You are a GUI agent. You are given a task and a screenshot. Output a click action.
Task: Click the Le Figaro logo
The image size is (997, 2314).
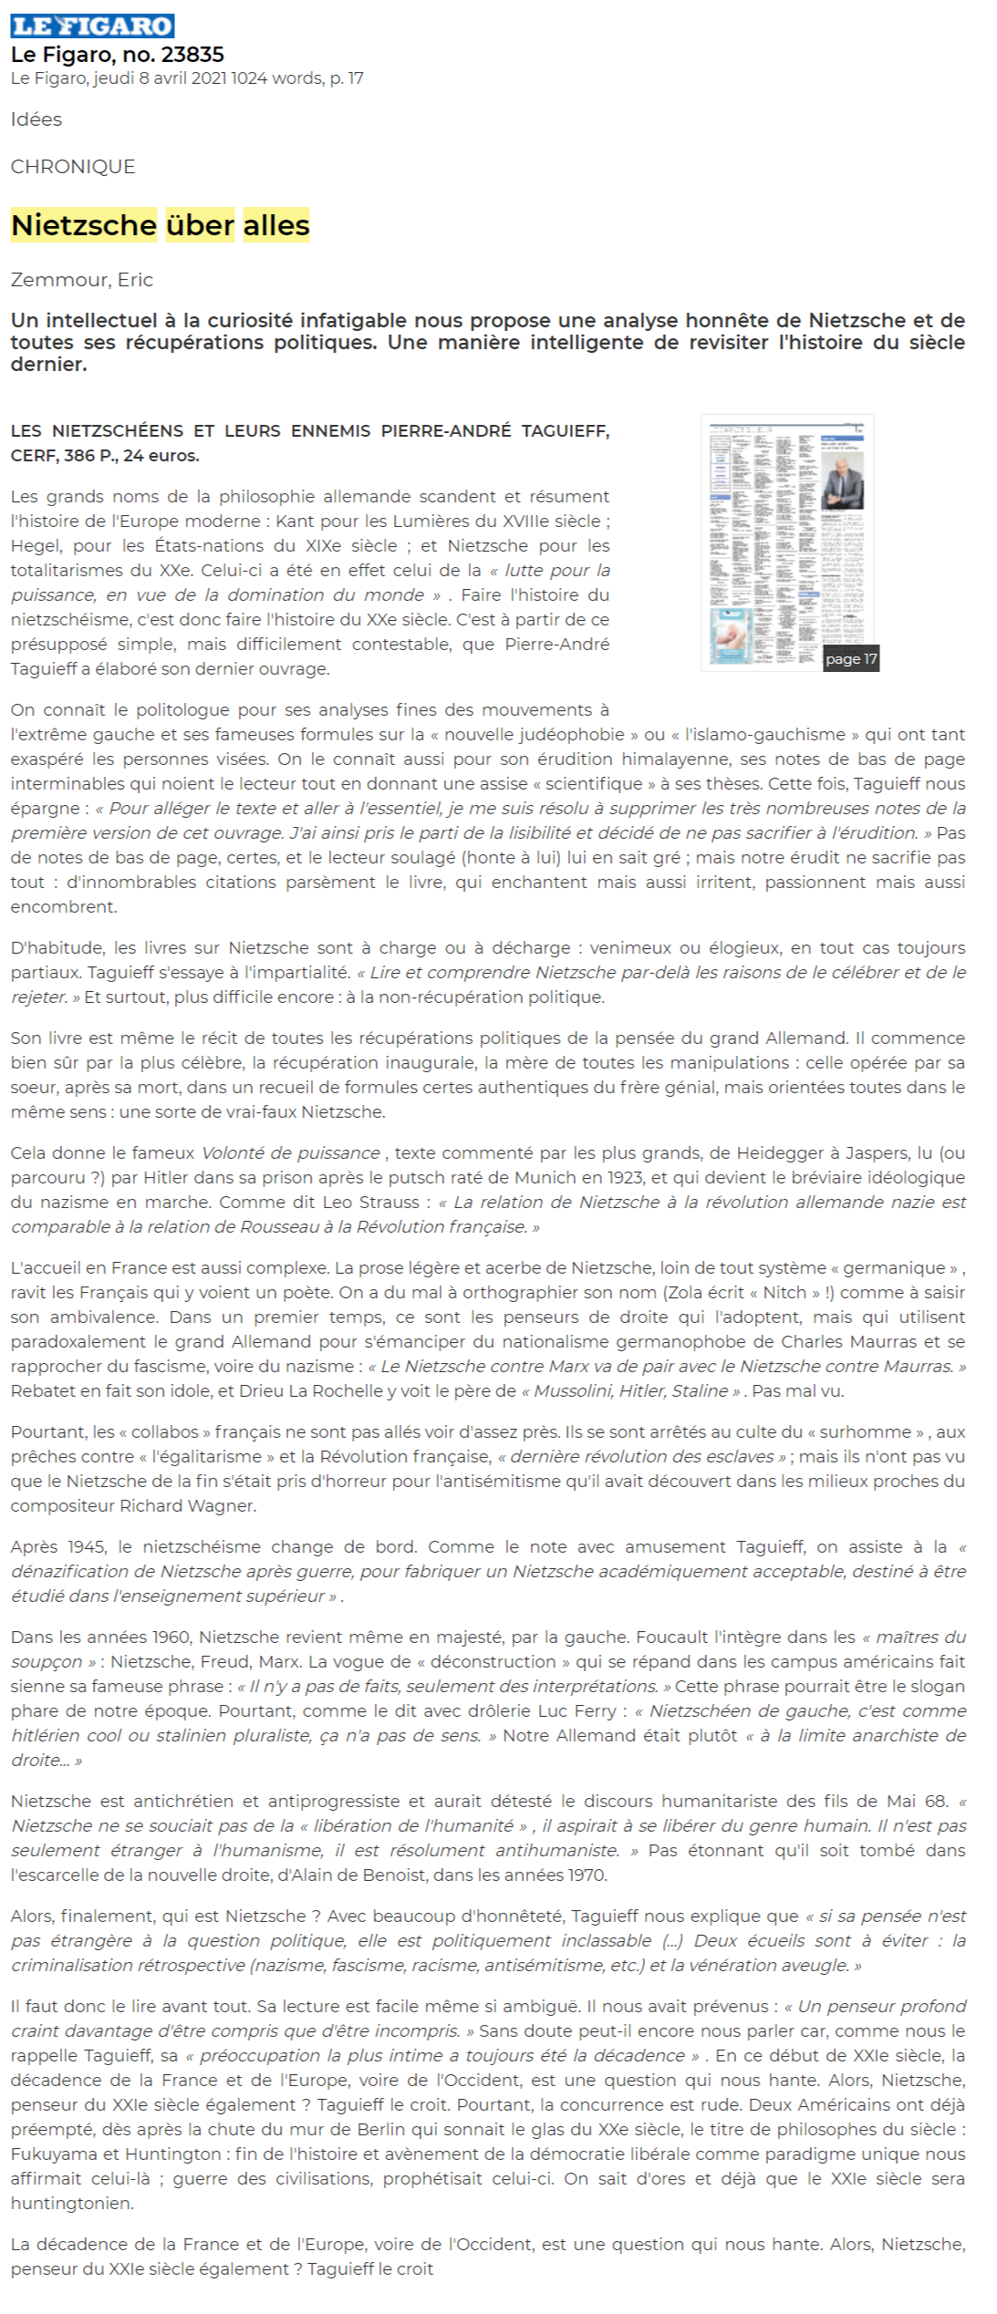click(92, 26)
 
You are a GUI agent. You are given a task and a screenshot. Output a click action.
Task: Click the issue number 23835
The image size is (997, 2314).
click(192, 55)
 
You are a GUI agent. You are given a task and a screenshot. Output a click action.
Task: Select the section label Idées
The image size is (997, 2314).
click(36, 119)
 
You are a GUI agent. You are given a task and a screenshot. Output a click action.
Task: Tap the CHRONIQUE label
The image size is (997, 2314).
click(73, 167)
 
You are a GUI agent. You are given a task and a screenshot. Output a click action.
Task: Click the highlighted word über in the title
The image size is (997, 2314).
click(200, 225)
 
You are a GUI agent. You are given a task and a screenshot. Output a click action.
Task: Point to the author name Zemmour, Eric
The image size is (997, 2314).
click(82, 280)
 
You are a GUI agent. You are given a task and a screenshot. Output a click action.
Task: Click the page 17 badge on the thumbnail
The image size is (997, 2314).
click(850, 659)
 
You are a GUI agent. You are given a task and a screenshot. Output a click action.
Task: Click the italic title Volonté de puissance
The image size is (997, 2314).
click(290, 1153)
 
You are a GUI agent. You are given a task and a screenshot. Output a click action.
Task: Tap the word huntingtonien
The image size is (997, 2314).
click(72, 2204)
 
